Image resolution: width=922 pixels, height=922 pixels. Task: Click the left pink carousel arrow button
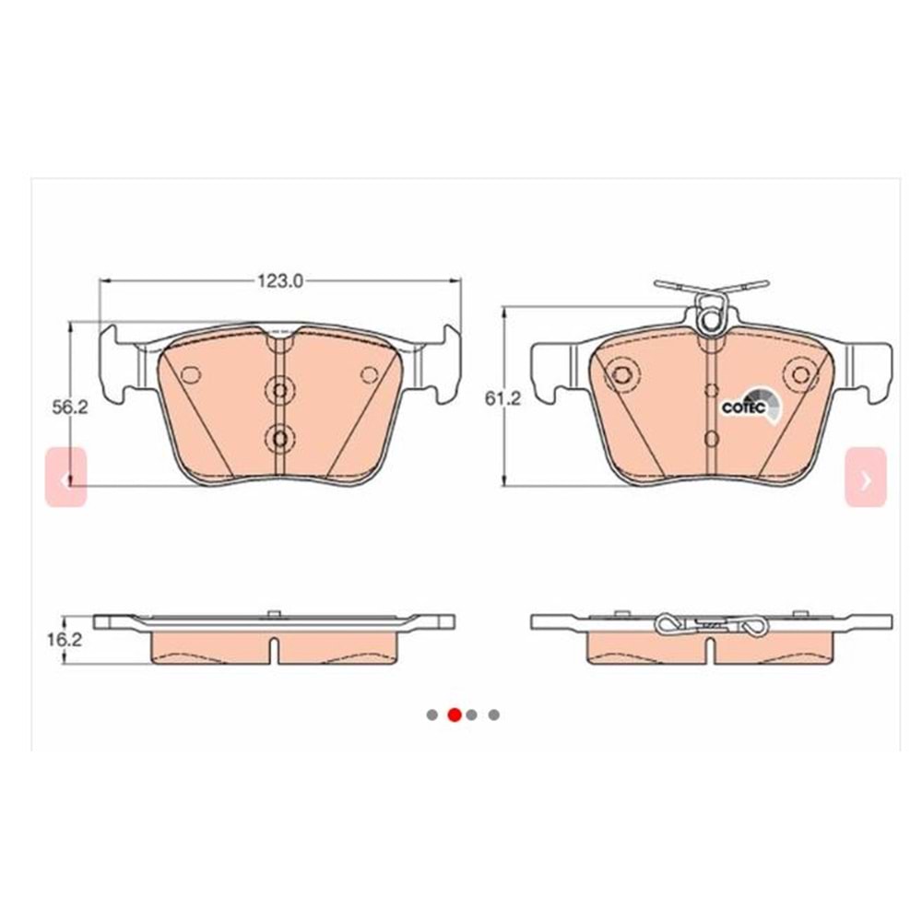65,478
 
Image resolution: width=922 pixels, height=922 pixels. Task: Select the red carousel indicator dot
454,715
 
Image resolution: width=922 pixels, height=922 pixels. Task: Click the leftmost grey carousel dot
431,715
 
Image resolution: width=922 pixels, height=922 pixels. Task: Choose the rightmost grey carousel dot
494,715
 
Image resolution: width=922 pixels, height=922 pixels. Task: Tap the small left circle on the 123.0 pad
192,374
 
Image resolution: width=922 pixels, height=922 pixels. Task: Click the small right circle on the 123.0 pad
369,374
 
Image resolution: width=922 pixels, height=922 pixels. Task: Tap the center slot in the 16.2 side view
275,648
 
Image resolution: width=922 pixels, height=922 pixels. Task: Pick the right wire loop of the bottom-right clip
754,626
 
